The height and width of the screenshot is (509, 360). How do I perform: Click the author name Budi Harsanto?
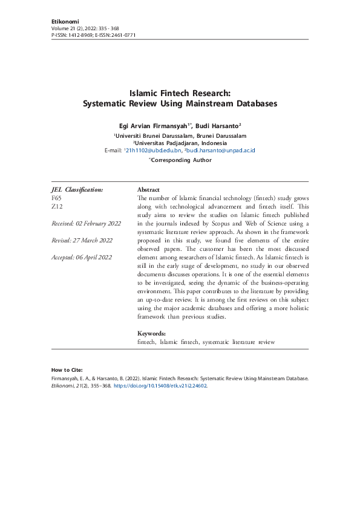click(x=220, y=125)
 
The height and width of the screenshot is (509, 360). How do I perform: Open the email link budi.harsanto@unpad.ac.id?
click(x=221, y=150)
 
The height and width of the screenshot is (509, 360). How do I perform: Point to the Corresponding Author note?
click(x=181, y=160)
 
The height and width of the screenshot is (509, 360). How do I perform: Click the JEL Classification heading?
click(x=77, y=189)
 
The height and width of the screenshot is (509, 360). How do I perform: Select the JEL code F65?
click(x=56, y=198)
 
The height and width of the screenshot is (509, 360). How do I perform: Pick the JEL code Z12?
click(x=56, y=206)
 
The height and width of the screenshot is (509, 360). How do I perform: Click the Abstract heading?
click(x=148, y=189)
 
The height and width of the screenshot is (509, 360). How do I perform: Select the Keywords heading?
click(x=151, y=334)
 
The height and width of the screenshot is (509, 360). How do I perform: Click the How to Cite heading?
click(x=67, y=369)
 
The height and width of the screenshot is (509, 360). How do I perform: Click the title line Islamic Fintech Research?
click(x=180, y=93)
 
